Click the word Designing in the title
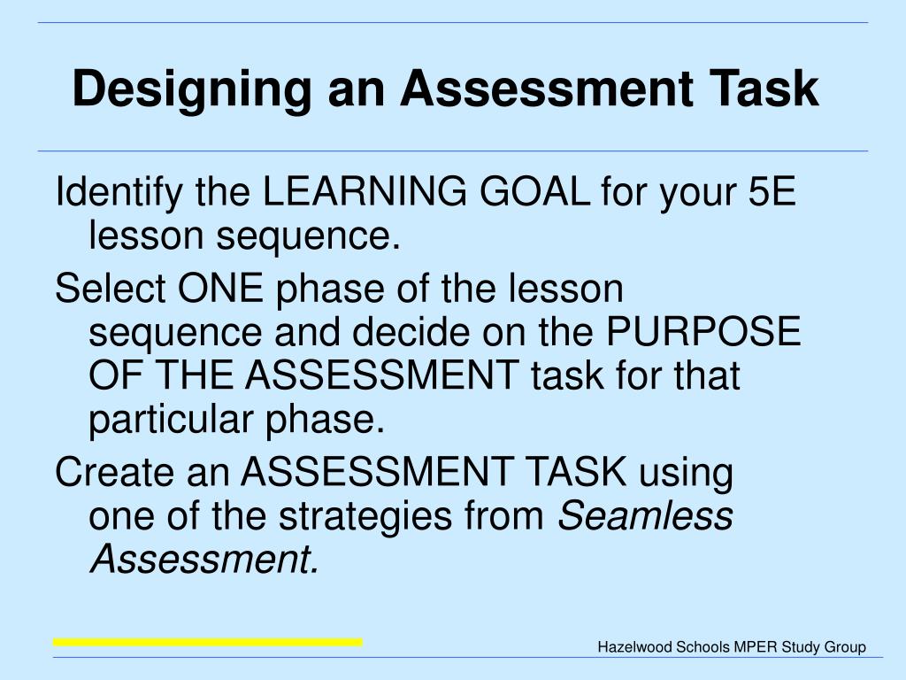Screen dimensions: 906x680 (x=192, y=89)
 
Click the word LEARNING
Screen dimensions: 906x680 (x=365, y=191)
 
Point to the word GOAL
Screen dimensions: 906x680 (x=535, y=191)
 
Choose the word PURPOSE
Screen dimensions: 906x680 (x=703, y=331)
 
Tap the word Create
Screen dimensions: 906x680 (x=115, y=472)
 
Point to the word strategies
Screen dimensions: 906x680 (x=365, y=517)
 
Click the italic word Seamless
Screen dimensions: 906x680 (x=645, y=515)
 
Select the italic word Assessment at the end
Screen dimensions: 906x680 (x=204, y=560)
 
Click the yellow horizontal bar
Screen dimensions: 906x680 (x=207, y=643)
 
